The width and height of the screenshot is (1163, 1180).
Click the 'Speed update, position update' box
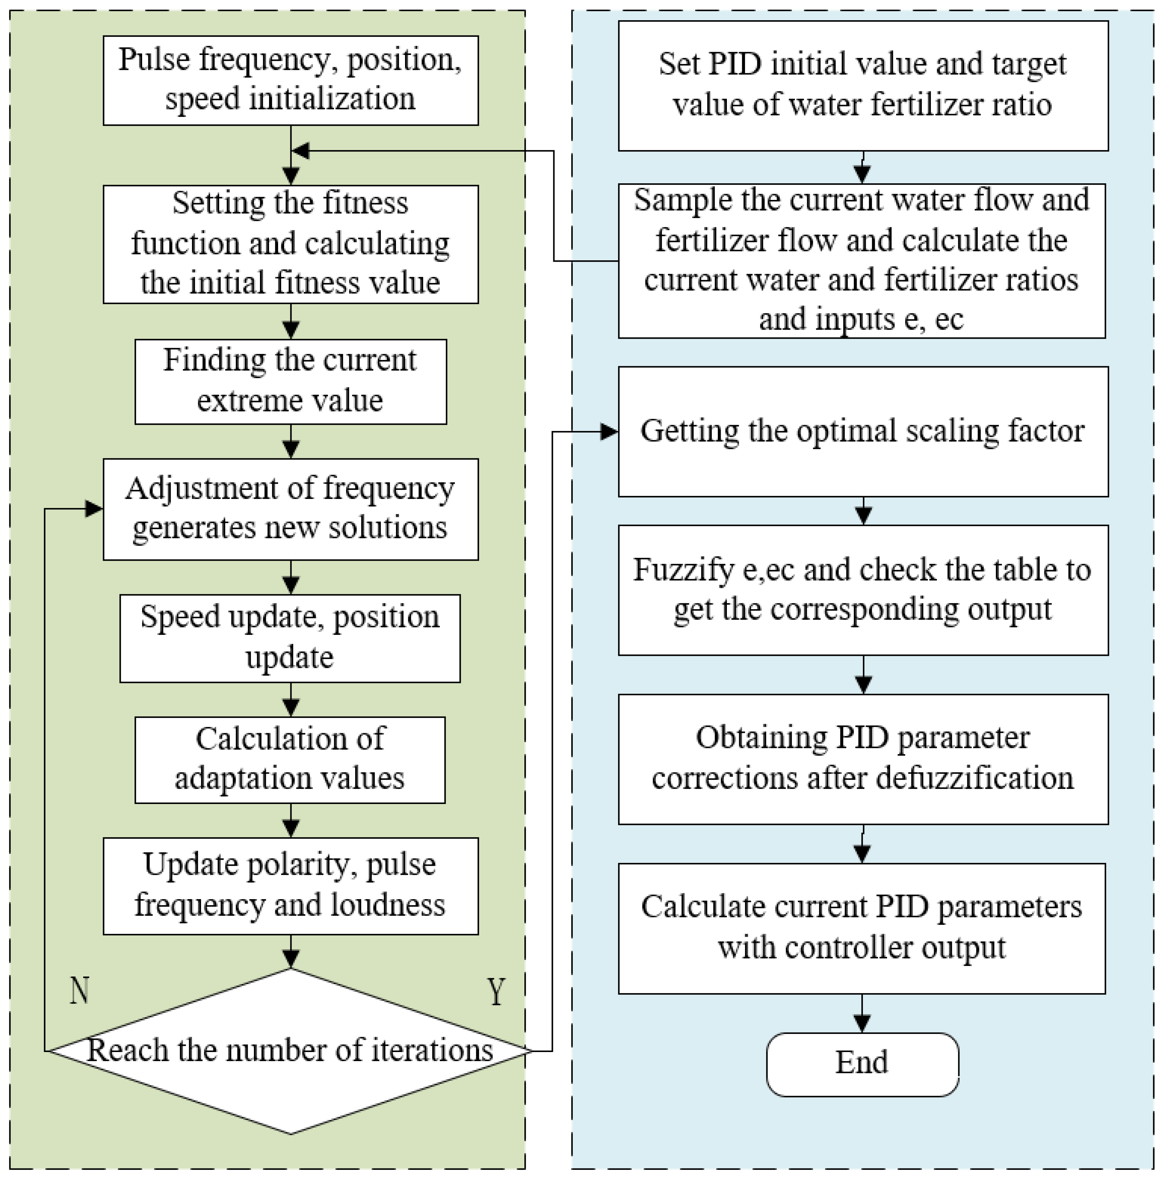click(x=290, y=638)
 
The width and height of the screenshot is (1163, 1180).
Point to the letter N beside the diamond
click(x=80, y=991)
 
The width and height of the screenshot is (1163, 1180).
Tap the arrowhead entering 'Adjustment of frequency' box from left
click(x=93, y=508)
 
